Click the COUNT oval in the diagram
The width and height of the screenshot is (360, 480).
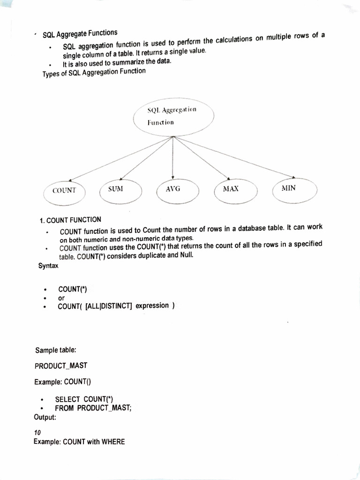65,191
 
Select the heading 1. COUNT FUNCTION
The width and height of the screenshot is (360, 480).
70,219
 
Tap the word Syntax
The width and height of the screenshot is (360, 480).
48,265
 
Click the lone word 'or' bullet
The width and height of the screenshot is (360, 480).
61,298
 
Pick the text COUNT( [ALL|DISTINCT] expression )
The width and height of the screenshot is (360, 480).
116,306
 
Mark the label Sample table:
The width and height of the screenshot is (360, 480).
52,350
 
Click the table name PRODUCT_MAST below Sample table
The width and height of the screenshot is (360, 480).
61,366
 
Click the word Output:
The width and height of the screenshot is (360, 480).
45,417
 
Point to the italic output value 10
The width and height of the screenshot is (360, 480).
38,433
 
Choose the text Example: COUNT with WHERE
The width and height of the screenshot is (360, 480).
79,442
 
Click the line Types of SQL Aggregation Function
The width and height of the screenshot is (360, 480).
94,72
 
